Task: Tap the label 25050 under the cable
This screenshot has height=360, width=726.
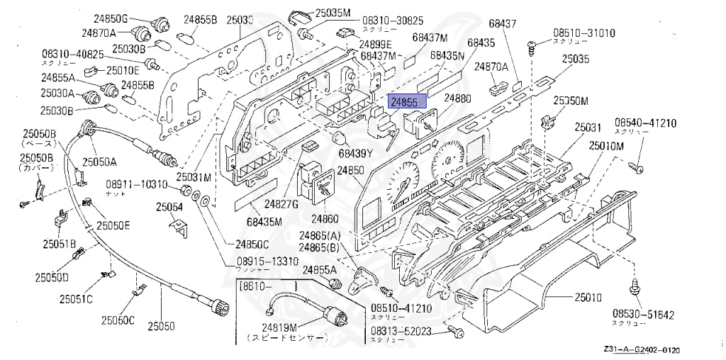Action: [x=161, y=326]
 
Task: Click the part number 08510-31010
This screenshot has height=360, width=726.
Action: [x=585, y=33]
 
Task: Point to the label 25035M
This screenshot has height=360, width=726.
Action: [x=333, y=13]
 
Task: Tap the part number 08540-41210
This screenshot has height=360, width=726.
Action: [x=646, y=123]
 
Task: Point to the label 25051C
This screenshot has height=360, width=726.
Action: [x=76, y=298]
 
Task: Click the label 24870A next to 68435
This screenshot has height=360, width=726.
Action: [x=492, y=67]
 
